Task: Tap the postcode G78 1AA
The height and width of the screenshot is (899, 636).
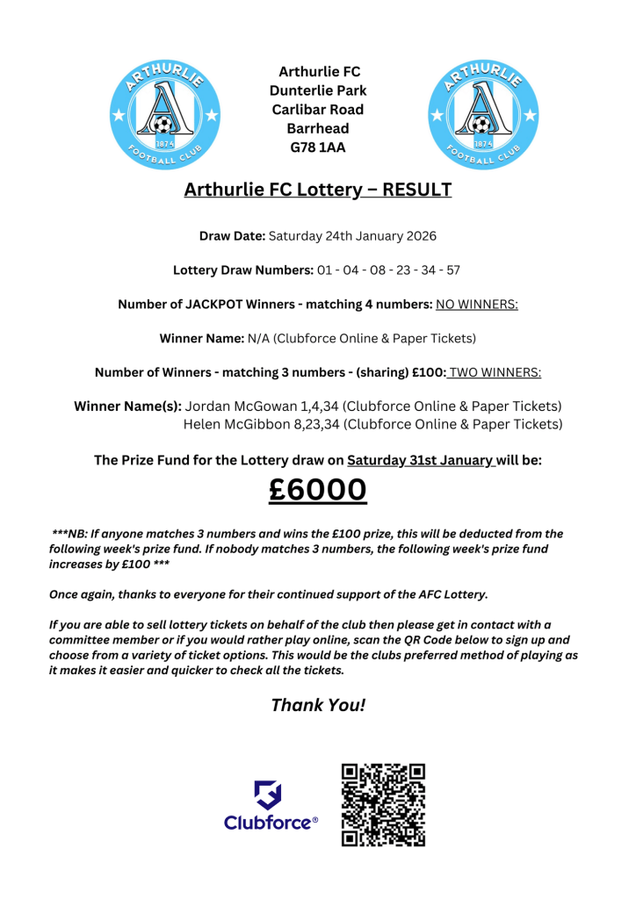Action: point(318,147)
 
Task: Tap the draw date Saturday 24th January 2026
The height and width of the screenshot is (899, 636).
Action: point(352,236)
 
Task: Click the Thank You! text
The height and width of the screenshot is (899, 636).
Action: point(318,705)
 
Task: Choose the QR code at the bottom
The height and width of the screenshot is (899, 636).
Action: point(383,804)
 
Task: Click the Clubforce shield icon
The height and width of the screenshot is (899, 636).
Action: point(269,795)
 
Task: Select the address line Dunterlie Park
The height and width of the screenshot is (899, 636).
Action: point(318,90)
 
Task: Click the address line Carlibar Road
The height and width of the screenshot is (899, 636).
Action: point(318,110)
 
